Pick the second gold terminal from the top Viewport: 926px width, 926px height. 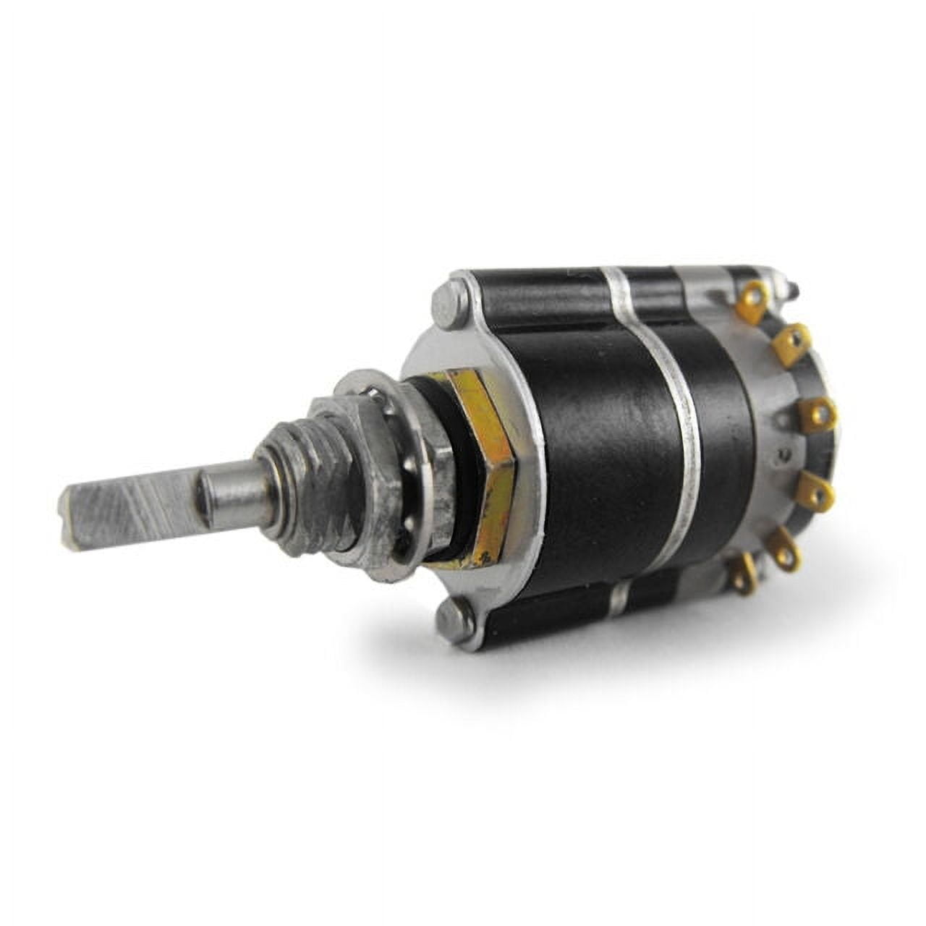pyautogui.click(x=790, y=341)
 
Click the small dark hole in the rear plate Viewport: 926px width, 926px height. pyautogui.click(x=781, y=454)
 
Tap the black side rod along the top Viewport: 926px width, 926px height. pyautogui.click(x=535, y=297)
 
